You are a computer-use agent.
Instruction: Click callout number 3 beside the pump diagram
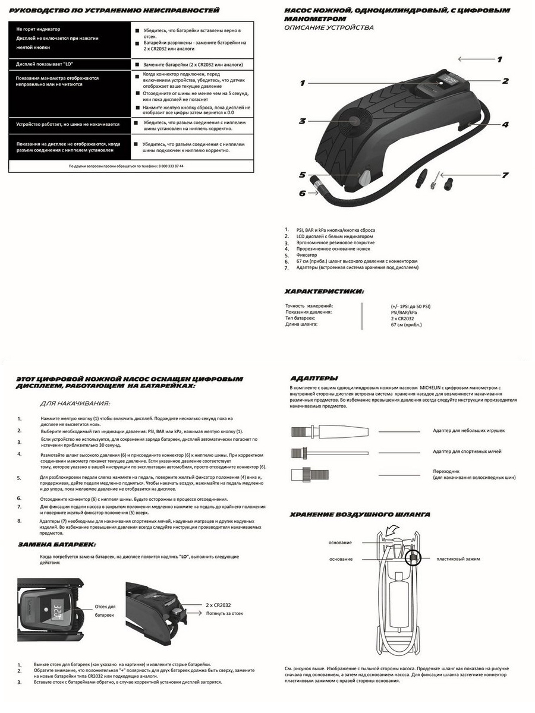click(302, 121)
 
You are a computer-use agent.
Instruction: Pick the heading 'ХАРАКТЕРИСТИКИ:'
click(325, 292)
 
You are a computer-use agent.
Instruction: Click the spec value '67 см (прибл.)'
click(407, 324)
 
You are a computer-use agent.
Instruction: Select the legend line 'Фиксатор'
click(307, 255)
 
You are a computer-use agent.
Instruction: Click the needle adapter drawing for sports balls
click(315, 453)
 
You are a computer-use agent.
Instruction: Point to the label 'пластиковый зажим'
click(458, 559)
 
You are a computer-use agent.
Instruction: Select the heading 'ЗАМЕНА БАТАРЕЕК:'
click(56, 544)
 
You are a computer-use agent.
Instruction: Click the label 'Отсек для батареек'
click(105, 611)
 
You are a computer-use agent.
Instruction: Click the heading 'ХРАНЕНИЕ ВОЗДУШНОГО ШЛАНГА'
click(360, 515)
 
